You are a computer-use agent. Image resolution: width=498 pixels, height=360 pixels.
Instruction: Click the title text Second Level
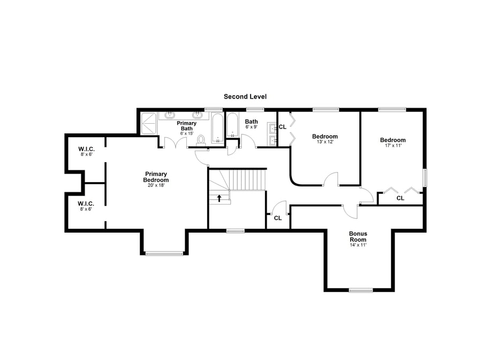coord(245,96)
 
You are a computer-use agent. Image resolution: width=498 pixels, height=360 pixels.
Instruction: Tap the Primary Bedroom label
coord(155,177)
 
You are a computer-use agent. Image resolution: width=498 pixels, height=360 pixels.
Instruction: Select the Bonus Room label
coord(358,236)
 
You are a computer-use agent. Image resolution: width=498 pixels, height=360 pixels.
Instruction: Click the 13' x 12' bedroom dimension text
coord(325,142)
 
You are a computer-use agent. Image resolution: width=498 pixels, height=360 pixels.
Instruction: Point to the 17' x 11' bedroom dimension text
coord(393,146)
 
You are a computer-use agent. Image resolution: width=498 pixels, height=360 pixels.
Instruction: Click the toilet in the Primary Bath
coord(201,140)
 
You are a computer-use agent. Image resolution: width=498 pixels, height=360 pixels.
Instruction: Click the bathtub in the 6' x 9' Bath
coord(232,127)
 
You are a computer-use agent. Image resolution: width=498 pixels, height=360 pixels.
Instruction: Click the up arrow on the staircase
coord(219,198)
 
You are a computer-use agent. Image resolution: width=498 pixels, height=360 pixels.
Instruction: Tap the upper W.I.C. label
coord(86,149)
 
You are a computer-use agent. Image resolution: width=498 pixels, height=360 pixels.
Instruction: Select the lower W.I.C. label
coord(86,204)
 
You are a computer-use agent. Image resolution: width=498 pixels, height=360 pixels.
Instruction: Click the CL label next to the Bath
coord(282,127)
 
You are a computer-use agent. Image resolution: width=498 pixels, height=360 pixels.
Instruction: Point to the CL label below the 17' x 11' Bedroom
coord(400,198)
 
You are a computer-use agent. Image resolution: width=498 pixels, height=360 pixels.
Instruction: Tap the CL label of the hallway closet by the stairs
coord(277,218)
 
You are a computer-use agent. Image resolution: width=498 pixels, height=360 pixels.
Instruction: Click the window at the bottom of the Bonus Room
coord(360,290)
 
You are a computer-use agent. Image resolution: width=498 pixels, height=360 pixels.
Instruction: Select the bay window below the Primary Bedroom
coord(164,253)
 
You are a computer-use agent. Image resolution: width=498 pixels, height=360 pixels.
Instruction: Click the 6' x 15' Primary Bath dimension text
coord(186,133)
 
